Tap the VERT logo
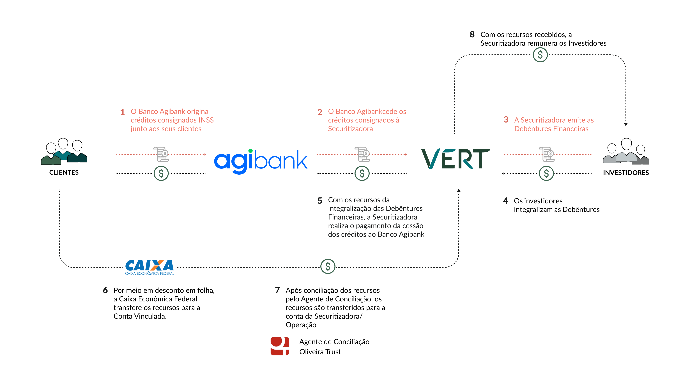(x=455, y=159)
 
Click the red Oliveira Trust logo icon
(x=280, y=346)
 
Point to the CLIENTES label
(x=64, y=172)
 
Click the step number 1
(x=122, y=112)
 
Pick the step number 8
(x=472, y=34)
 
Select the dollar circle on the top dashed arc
(x=540, y=55)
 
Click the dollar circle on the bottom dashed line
(x=328, y=266)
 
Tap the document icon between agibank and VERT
(x=363, y=154)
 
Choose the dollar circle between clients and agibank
(x=161, y=174)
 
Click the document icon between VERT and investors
(x=547, y=154)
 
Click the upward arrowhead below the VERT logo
(x=459, y=190)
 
